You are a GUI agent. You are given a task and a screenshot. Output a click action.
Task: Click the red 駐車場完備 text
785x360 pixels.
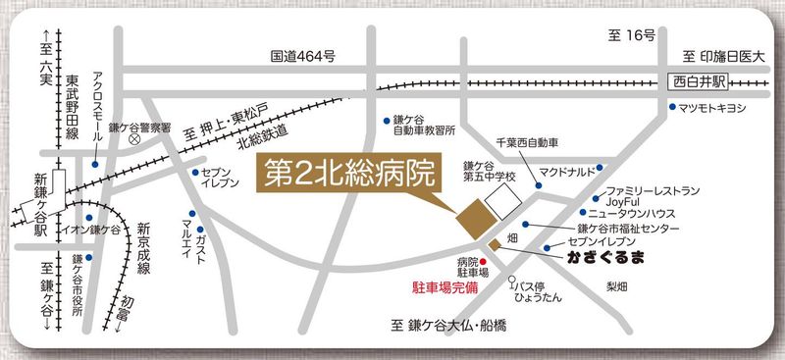pyautogui.click(x=443, y=289)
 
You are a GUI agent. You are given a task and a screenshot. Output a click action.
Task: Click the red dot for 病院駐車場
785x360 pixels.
pyautogui.click(x=483, y=261)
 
